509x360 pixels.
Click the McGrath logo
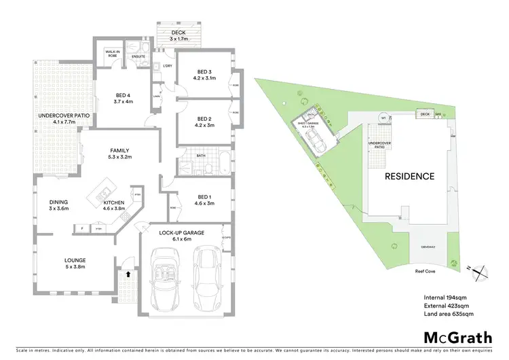(x=457, y=338)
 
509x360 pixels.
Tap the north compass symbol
(x=481, y=271)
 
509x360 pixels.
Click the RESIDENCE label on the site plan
(x=409, y=177)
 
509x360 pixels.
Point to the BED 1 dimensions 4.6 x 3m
(x=205, y=202)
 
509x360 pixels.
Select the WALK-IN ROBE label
(x=113, y=54)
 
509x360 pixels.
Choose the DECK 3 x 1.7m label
(x=178, y=35)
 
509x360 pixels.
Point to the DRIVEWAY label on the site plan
(x=428, y=245)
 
